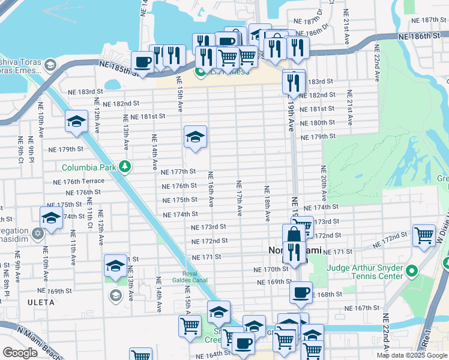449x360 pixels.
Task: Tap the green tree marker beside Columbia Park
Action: tap(124, 166)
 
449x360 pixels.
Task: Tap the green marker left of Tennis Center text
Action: tap(411, 272)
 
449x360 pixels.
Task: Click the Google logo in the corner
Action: tap(20, 353)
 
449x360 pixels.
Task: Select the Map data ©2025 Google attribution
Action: tap(412, 355)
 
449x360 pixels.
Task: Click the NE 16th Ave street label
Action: tap(211, 190)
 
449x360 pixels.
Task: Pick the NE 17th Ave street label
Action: tap(239, 198)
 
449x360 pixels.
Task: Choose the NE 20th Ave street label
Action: tap(324, 183)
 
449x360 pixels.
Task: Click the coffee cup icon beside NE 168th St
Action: tap(301, 292)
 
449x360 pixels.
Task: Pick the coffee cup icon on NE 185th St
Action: tap(143, 62)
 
